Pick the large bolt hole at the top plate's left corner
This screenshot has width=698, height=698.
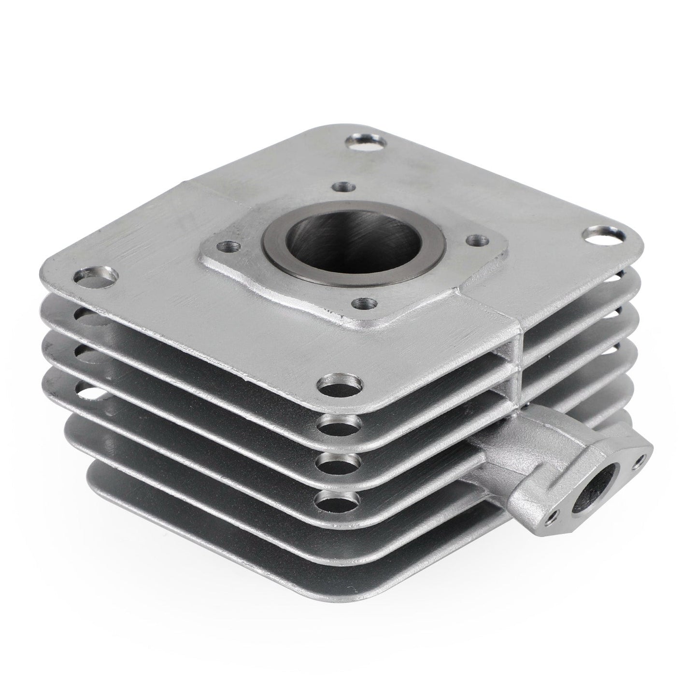tap(96, 278)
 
